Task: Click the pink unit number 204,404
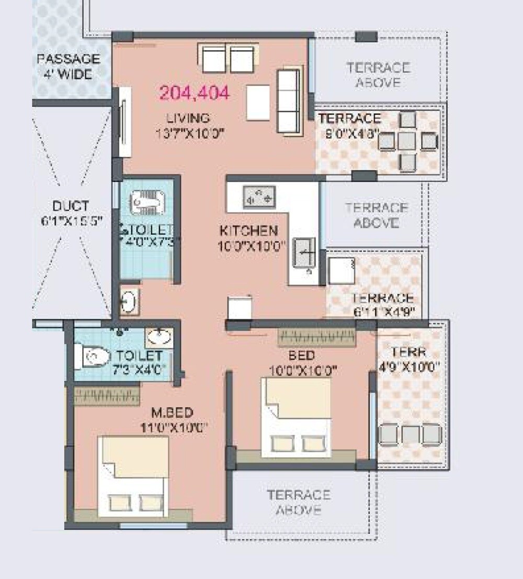click(194, 93)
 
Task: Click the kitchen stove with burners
click(259, 196)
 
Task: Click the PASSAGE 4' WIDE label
click(68, 66)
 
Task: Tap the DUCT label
click(71, 205)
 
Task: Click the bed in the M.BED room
click(133, 476)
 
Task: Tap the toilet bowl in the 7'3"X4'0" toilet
click(92, 356)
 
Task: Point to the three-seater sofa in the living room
click(288, 100)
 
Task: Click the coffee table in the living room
click(258, 102)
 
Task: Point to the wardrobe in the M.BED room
click(107, 396)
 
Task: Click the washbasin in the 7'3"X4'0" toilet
click(160, 337)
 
